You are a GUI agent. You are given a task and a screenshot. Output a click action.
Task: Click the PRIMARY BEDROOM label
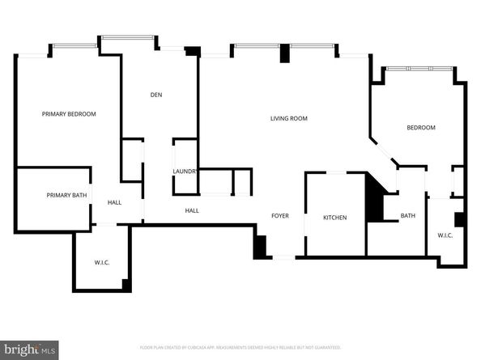point(69,114)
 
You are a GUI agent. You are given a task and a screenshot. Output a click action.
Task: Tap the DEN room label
point(156,95)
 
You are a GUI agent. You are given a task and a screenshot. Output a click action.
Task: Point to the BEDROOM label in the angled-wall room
point(420,128)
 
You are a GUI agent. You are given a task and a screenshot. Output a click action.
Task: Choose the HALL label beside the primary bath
point(114,202)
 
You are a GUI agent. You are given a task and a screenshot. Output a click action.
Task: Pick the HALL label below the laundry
point(192,211)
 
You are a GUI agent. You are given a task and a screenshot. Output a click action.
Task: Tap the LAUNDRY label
point(185,172)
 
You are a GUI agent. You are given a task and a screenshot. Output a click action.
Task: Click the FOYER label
point(280,216)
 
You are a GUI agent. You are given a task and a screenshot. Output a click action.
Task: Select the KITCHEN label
point(335,218)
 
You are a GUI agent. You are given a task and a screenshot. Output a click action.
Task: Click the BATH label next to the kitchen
point(408,216)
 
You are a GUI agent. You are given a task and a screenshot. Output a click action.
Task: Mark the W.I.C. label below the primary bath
point(101,261)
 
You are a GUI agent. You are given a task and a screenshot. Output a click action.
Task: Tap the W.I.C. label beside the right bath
point(445,235)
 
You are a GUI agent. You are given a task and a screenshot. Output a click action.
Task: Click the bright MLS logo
point(29,349)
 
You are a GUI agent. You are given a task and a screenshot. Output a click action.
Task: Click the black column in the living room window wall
point(284,53)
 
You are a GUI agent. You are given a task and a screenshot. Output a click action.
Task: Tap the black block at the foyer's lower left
point(260,247)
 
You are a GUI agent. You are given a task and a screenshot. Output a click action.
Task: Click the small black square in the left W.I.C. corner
point(126,284)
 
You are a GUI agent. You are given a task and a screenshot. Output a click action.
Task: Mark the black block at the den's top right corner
point(192,51)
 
